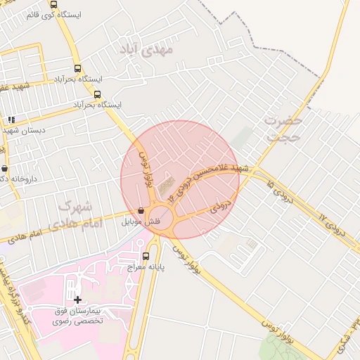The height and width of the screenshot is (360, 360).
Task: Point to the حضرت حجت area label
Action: coord(283,128)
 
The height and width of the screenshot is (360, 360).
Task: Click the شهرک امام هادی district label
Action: coord(77,215)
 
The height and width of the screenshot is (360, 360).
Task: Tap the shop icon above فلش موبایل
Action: coord(141,210)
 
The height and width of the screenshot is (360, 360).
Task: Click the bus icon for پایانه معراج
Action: coord(146,257)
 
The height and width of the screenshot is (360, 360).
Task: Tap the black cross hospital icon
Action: coord(77,300)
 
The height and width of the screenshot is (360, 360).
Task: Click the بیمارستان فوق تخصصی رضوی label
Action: coord(78,315)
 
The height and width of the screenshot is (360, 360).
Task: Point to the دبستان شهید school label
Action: coord(24,130)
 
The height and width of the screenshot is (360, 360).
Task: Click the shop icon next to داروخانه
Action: coord(5,169)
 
